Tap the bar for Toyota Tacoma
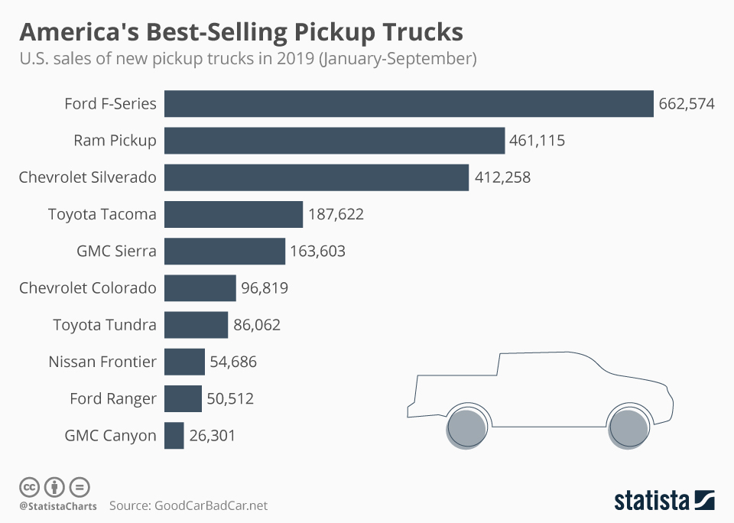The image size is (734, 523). tap(234, 214)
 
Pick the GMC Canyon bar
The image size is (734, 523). tap(174, 436)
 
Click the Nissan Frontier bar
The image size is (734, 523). tap(185, 362)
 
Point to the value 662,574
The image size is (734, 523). tap(686, 104)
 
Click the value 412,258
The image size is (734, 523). tap(502, 177)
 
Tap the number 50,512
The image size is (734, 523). tap(229, 398)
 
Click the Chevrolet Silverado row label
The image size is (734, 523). tap(87, 177)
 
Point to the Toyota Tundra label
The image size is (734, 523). tap(105, 325)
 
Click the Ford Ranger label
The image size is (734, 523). tap(112, 398)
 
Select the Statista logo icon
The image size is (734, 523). tap(703, 500)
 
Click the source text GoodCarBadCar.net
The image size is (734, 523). tap(211, 505)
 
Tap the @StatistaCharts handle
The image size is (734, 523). tap(58, 506)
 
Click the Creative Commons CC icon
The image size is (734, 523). tap(29, 486)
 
